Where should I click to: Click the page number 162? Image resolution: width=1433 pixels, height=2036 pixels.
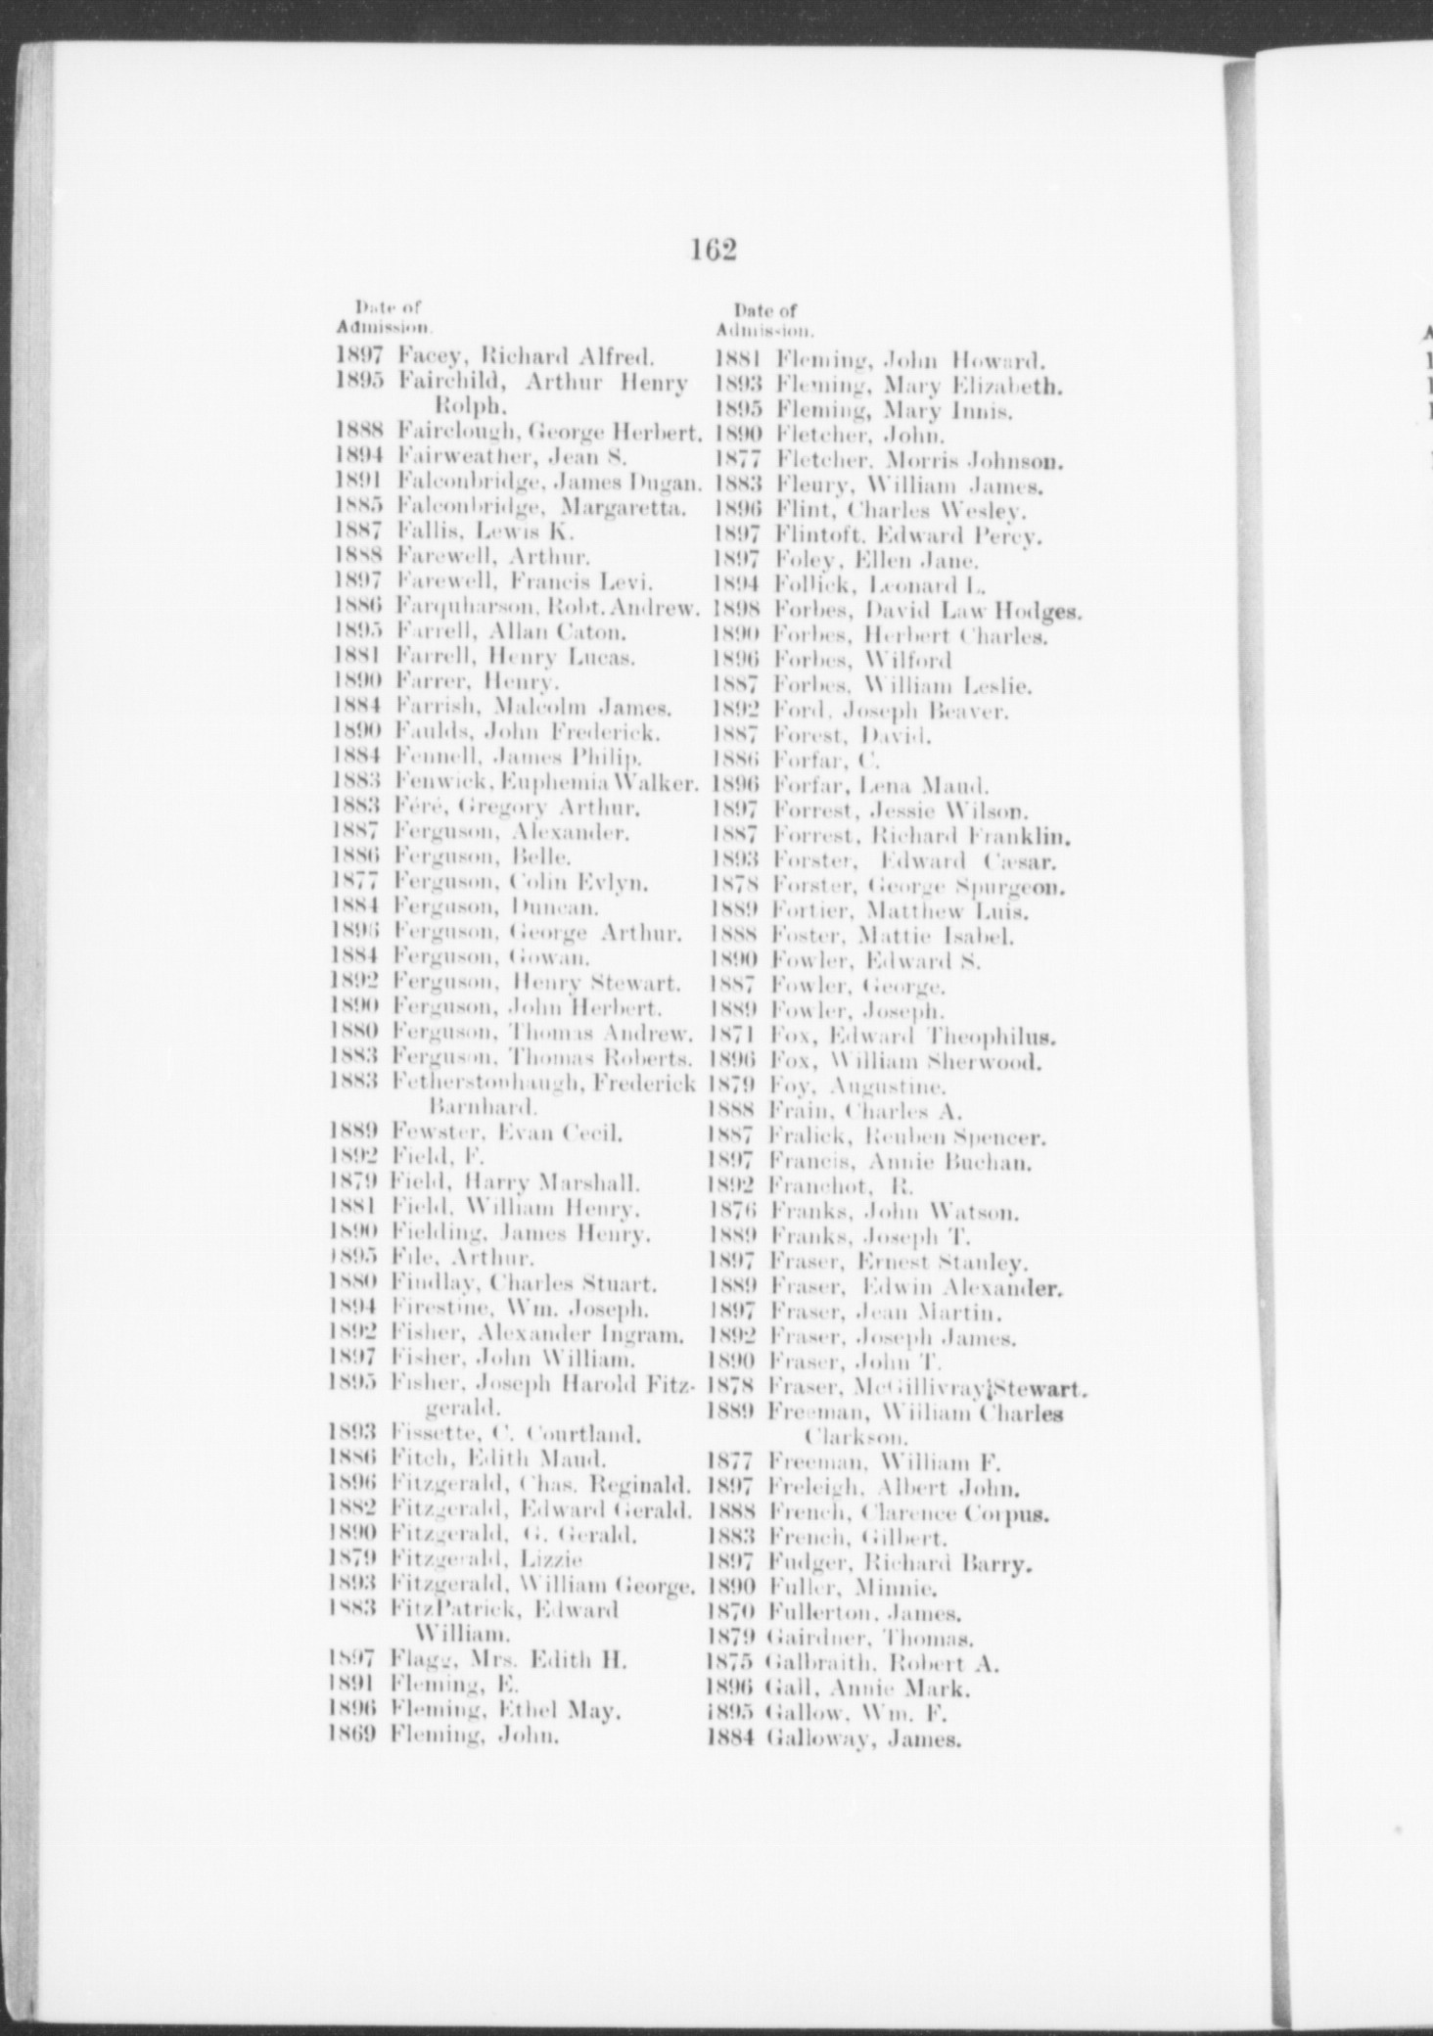click(712, 252)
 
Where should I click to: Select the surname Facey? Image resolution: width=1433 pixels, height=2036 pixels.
click(422, 357)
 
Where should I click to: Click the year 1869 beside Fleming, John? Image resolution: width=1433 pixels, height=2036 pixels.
click(353, 1737)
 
